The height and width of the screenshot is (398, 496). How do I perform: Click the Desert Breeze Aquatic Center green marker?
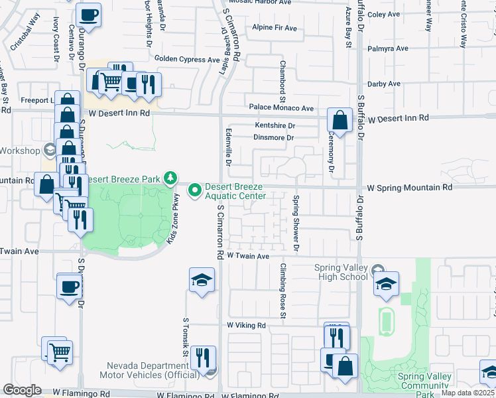(x=195, y=191)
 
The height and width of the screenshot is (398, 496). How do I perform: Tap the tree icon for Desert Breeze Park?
(x=171, y=178)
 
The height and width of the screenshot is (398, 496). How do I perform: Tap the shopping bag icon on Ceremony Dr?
(x=340, y=121)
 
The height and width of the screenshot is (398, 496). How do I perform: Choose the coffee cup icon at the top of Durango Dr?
(x=88, y=14)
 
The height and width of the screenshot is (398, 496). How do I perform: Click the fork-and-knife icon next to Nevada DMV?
(x=203, y=357)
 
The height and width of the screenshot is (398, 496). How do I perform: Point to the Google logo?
(x=22, y=390)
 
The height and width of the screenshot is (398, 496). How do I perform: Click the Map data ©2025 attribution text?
(x=468, y=393)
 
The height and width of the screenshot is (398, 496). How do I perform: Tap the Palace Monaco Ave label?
(x=281, y=107)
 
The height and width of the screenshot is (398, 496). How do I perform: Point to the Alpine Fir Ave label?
(x=275, y=28)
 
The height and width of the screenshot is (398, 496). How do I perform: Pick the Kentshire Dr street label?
(x=275, y=125)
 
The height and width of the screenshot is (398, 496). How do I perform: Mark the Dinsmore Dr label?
(x=273, y=138)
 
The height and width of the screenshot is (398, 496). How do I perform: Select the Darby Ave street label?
(x=385, y=84)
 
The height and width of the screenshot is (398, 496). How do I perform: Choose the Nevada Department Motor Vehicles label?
(x=149, y=370)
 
